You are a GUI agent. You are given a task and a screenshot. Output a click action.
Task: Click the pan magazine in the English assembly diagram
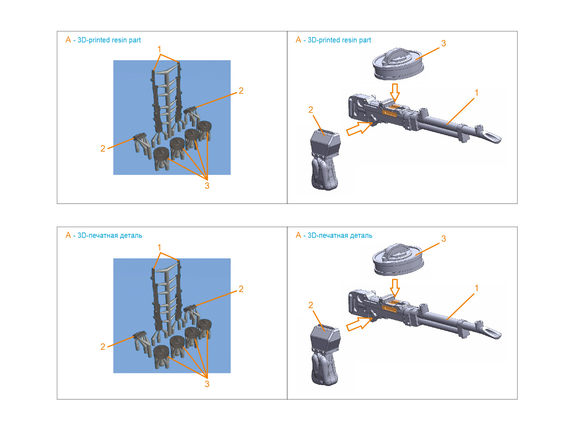click(x=398, y=64)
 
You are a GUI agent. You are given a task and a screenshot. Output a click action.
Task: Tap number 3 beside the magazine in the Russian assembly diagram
click(x=443, y=239)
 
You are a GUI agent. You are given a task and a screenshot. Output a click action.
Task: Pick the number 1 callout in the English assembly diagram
click(x=476, y=93)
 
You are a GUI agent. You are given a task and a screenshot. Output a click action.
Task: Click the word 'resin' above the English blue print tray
click(x=120, y=40)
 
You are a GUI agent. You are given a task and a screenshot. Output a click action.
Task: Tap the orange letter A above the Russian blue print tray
click(x=68, y=235)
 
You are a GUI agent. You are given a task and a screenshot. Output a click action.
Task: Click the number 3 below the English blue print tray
click(x=207, y=186)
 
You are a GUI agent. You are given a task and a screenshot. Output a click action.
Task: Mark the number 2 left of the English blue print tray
click(x=103, y=149)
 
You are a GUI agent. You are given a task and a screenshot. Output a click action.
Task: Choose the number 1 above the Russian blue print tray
click(x=159, y=248)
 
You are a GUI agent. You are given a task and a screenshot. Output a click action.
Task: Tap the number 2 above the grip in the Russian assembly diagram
click(x=311, y=305)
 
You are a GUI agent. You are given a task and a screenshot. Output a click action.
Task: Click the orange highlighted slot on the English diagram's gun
click(x=389, y=114)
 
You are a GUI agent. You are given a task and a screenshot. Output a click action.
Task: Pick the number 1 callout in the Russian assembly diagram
click(x=476, y=288)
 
